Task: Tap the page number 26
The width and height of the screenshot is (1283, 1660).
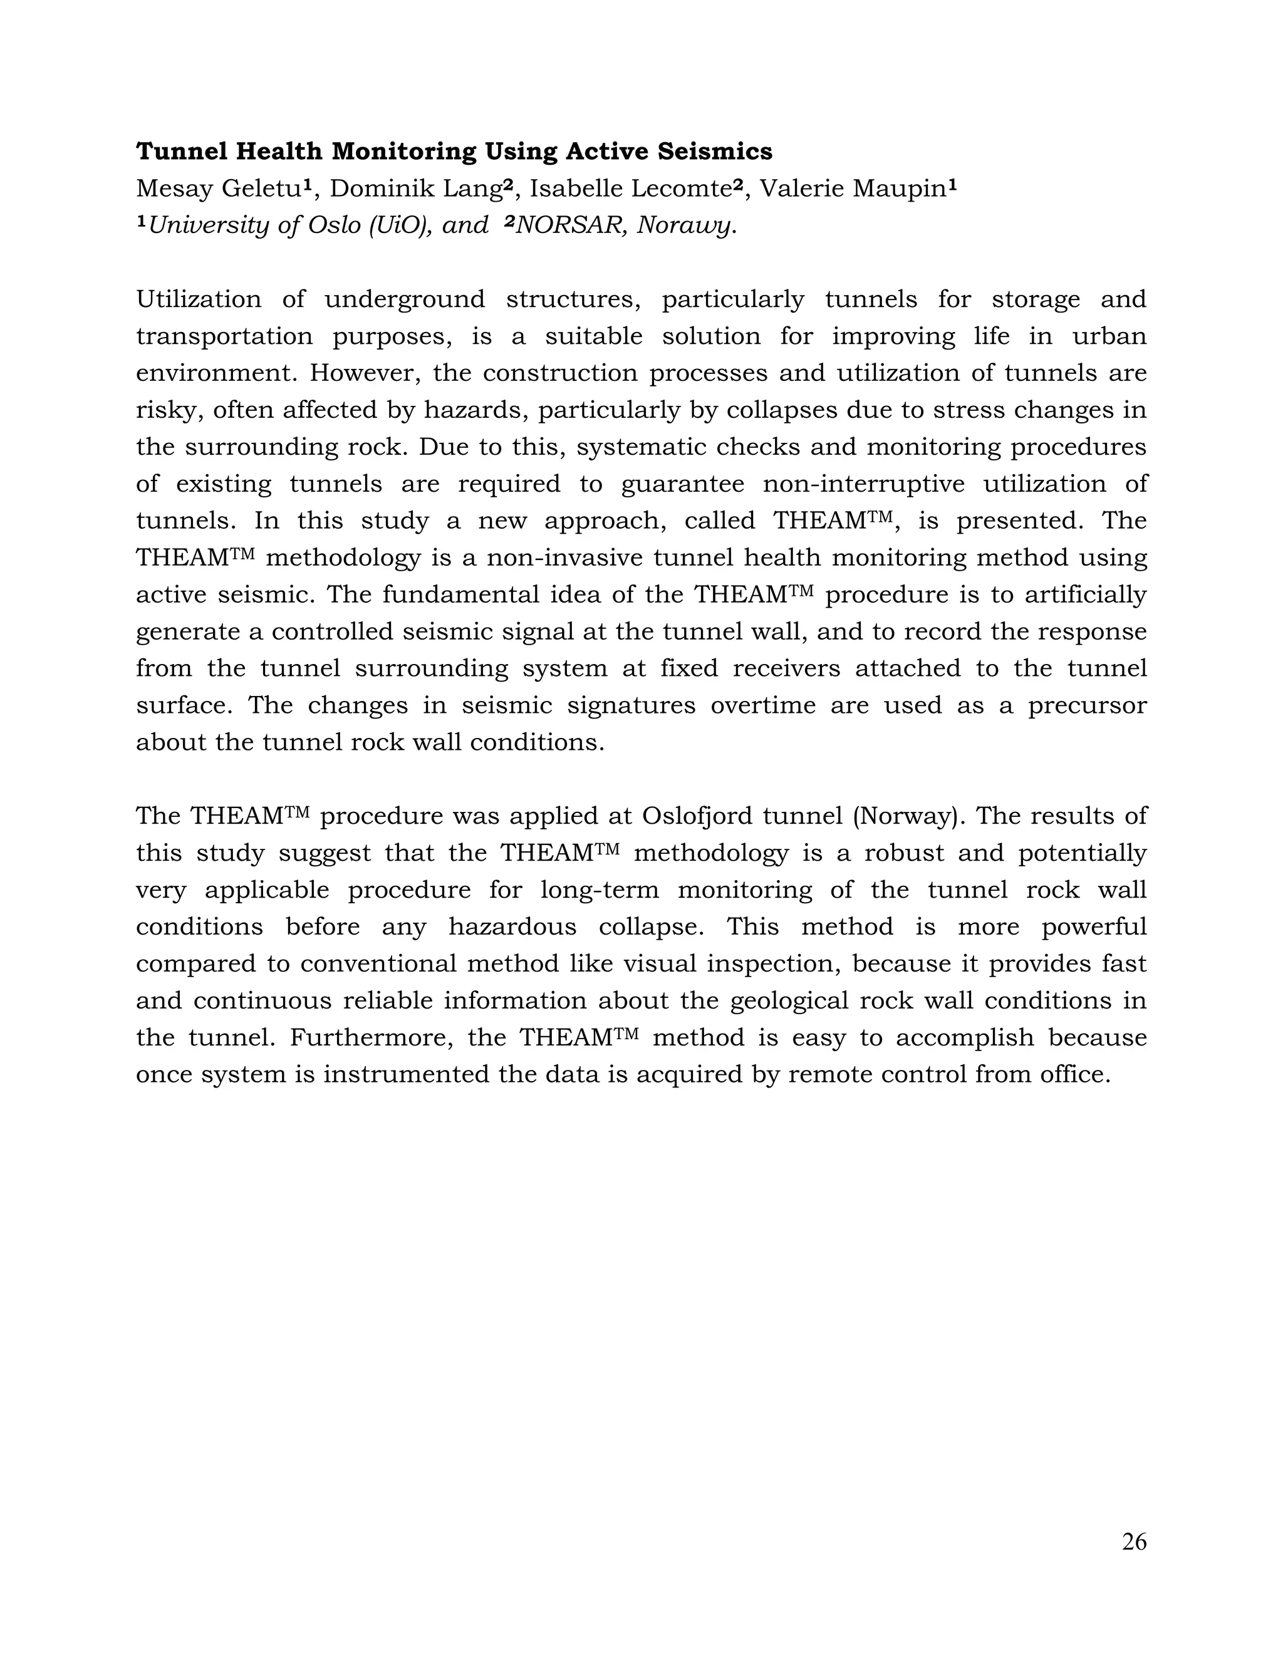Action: pos(1133,1542)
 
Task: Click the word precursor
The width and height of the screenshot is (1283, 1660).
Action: pos(1087,705)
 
